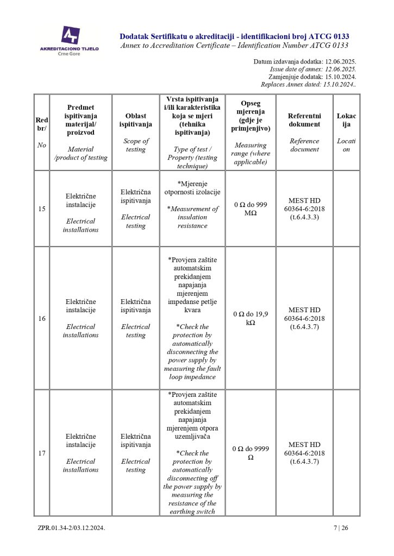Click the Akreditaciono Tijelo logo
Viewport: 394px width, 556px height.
(x=70, y=39)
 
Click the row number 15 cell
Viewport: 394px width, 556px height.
(x=42, y=209)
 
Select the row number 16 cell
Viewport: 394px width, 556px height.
(x=42, y=318)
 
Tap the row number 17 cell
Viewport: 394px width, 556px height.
(x=42, y=453)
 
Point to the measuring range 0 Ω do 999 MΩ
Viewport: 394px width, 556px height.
(x=251, y=209)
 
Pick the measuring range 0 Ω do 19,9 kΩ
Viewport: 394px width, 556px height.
(x=251, y=318)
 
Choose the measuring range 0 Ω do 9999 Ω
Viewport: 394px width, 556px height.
(x=251, y=453)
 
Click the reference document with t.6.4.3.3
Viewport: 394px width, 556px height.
(x=304, y=209)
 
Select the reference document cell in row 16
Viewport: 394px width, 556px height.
(x=304, y=318)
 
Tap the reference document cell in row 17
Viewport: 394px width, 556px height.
(x=304, y=453)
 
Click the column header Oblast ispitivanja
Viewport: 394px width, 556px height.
(x=135, y=120)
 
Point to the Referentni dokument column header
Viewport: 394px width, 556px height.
(x=304, y=120)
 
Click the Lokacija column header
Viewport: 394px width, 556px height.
(x=346, y=120)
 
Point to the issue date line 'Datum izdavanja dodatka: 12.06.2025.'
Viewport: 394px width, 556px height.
(x=304, y=62)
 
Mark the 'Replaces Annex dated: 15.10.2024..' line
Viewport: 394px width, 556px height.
(x=308, y=85)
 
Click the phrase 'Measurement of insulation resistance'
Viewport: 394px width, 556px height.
(x=192, y=217)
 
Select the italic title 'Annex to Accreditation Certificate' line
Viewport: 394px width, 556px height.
(x=234, y=46)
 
